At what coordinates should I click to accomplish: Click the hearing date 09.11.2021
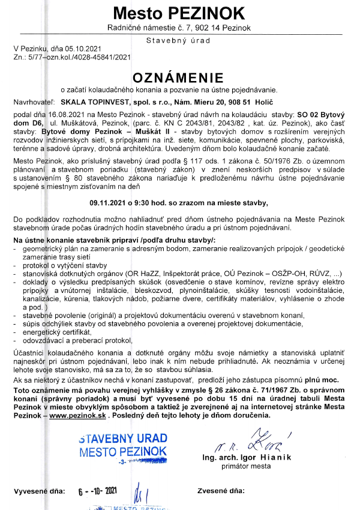tap(110, 203)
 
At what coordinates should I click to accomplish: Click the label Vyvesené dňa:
tap(39, 491)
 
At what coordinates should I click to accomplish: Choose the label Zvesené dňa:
tap(221, 491)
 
